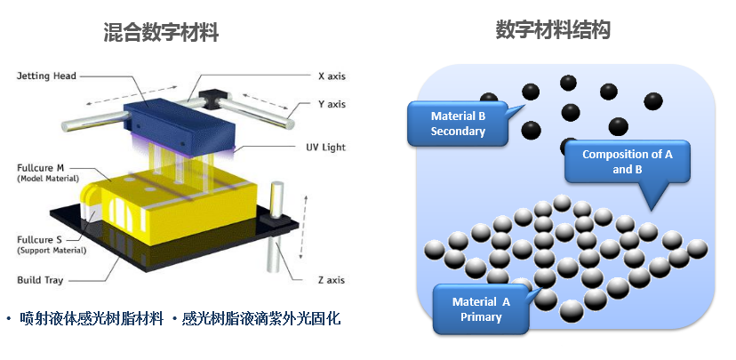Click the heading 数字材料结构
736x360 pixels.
pyautogui.click(x=553, y=31)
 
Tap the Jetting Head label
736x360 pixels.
pyautogui.click(x=45, y=76)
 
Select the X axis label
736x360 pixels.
pyautogui.click(x=332, y=76)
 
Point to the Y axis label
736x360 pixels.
pyautogui.click(x=332, y=104)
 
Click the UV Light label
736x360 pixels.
pyautogui.click(x=332, y=147)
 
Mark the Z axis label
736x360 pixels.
pyautogui.click(x=332, y=280)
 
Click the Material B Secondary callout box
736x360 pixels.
pyautogui.click(x=458, y=124)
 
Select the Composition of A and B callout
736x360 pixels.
pyautogui.click(x=627, y=162)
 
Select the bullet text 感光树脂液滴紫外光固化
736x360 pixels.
pyautogui.click(x=261, y=318)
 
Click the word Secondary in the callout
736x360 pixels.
pyautogui.click(x=458, y=132)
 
